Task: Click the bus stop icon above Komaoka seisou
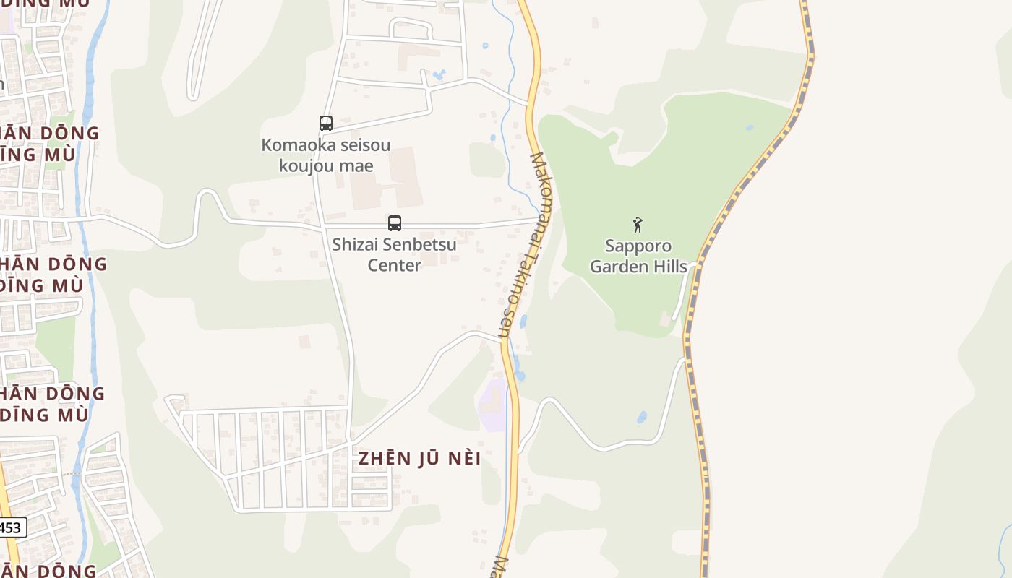point(326,124)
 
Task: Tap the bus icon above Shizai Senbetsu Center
point(394,223)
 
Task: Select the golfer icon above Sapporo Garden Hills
point(638,225)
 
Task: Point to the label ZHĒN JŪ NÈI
point(419,459)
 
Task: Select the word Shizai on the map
point(353,244)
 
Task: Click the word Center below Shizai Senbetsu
point(394,265)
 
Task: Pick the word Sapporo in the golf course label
point(638,246)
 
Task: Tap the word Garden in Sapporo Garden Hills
point(617,267)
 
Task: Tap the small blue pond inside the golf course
point(749,128)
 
